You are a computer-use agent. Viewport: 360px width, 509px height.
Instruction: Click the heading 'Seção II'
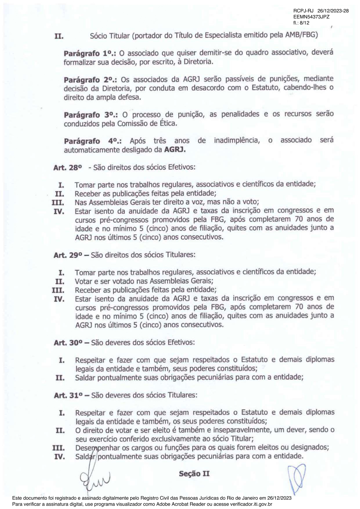(194, 474)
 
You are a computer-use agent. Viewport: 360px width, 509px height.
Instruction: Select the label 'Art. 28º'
(68, 168)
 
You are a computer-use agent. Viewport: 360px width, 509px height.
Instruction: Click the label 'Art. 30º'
(68, 343)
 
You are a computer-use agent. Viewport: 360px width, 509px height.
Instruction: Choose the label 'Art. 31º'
(68, 395)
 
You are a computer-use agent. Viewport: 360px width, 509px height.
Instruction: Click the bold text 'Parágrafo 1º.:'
(90, 54)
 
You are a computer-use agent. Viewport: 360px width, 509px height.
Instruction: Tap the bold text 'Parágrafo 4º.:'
(93, 141)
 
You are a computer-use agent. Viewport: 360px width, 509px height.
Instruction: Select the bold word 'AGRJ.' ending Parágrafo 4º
(175, 150)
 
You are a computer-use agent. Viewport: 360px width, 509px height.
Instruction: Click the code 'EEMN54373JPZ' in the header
(311, 17)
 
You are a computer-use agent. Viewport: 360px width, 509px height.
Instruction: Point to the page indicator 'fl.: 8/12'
(301, 23)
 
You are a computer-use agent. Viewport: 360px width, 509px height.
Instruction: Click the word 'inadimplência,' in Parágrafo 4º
(237, 141)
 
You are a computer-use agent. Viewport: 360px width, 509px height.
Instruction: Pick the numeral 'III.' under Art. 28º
(58, 202)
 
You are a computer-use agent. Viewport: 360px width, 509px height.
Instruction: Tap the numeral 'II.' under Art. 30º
(60, 378)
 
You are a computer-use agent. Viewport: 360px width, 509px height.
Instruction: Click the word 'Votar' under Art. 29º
(83, 281)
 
